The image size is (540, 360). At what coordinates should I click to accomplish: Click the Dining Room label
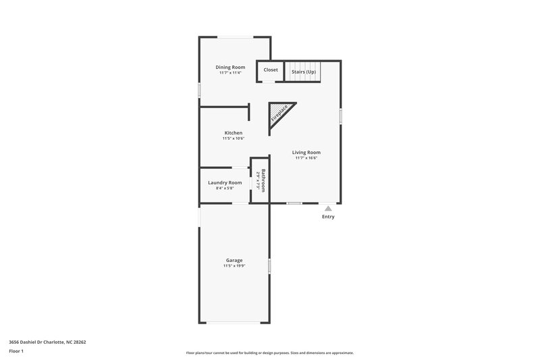pos(230,67)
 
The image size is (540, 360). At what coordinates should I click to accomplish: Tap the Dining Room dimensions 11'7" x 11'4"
pos(230,73)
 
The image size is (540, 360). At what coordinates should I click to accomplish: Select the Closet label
pos(271,70)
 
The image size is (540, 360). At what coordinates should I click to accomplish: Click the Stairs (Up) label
pos(303,71)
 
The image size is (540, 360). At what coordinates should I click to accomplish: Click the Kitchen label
pos(234,132)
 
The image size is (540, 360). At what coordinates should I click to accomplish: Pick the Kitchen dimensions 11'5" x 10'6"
pos(234,138)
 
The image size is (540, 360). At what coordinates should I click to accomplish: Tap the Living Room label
pos(306,152)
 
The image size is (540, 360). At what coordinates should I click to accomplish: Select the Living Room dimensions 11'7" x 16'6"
pos(306,158)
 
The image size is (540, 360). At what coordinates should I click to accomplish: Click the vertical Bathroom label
pos(263,180)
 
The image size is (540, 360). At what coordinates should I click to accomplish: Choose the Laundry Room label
pos(225,182)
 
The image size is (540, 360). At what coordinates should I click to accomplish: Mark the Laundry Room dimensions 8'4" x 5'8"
pos(225,188)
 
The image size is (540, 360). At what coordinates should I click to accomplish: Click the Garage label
pos(234,260)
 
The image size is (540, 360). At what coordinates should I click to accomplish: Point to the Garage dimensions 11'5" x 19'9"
pos(234,266)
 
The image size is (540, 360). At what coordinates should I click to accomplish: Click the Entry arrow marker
pos(328,209)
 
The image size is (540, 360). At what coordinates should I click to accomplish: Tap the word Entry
pos(328,217)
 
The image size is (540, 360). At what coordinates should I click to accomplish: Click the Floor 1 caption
pos(17,352)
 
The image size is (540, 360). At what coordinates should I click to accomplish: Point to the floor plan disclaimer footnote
pos(270,353)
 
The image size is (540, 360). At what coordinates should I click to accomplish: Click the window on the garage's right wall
pos(269,266)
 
